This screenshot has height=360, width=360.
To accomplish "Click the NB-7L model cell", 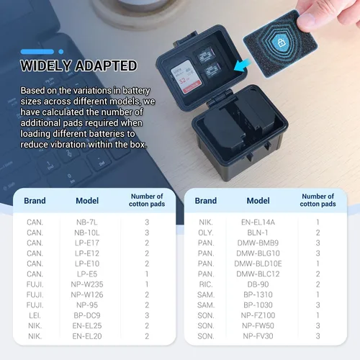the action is [x=87, y=222].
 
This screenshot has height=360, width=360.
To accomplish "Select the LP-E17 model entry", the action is [x=87, y=243].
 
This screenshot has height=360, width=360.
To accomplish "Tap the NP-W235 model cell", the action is [x=87, y=284].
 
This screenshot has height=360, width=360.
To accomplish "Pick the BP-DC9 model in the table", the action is [x=87, y=315].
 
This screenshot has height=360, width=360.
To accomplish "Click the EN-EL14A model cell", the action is [x=258, y=222].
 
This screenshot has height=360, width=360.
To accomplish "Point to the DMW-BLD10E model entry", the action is [x=258, y=264].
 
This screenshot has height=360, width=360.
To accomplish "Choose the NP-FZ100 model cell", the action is [x=258, y=315].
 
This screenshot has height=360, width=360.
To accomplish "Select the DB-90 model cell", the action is [x=258, y=284].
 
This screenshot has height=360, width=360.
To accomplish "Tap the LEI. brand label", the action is [x=35, y=315].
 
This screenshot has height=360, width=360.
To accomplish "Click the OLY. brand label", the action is [x=206, y=233].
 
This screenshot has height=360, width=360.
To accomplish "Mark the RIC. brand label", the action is [x=206, y=284].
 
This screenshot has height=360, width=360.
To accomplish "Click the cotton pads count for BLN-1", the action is [x=318, y=233].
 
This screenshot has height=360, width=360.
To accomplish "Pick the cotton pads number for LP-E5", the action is [x=147, y=274].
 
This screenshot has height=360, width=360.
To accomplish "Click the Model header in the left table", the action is [x=87, y=201].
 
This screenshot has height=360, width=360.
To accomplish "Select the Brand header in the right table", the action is [x=206, y=201].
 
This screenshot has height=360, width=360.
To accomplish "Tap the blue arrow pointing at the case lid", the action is [x=242, y=66].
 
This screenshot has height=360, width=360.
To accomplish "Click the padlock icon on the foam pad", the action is [x=282, y=43].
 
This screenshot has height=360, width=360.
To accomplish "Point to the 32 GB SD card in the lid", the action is [x=185, y=78].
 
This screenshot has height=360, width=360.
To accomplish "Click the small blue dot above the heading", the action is [x=61, y=52].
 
